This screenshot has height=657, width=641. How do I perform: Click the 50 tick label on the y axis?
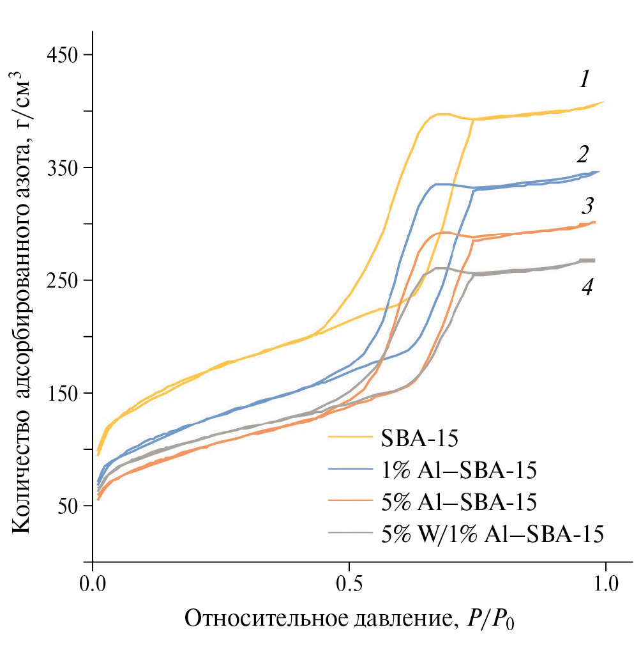[x=68, y=506]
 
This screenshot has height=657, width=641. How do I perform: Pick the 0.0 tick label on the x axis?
[x=93, y=584]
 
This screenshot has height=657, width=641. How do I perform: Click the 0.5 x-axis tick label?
[x=349, y=584]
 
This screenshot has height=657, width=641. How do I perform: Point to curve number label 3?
[x=587, y=206]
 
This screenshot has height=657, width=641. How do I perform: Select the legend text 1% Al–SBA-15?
[x=458, y=470]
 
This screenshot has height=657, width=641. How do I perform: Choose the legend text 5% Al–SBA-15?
[x=458, y=502]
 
